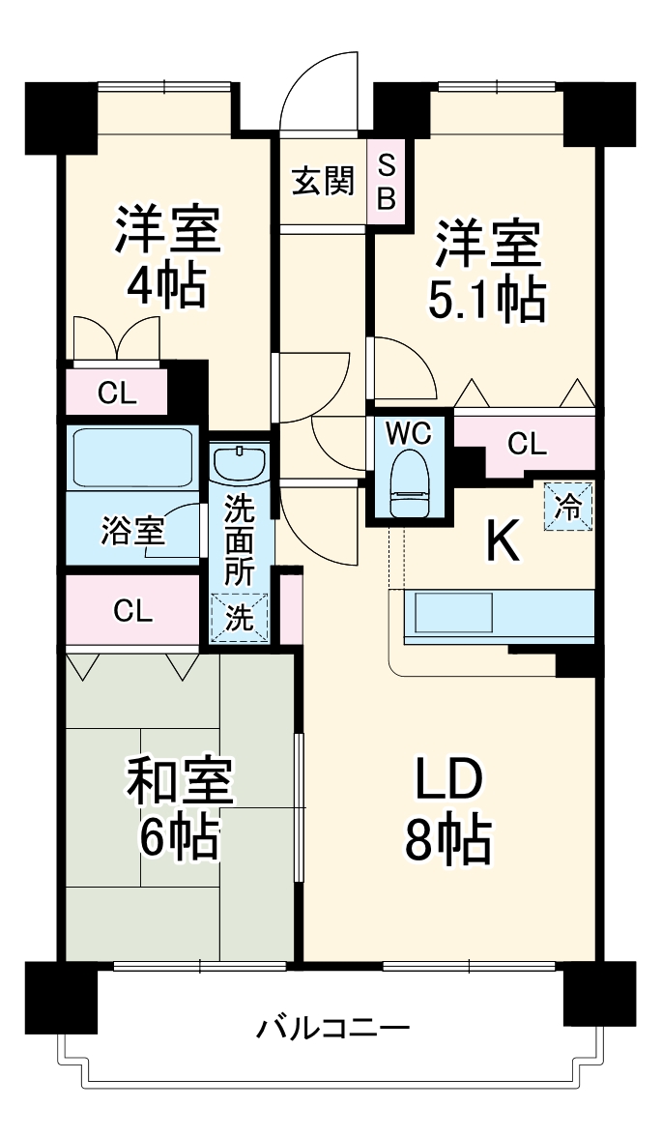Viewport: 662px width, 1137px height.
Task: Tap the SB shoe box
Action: click(386, 181)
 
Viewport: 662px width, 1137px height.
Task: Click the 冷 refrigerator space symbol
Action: click(569, 506)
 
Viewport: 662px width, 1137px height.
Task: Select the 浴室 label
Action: click(132, 531)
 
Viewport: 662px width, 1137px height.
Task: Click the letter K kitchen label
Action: click(503, 542)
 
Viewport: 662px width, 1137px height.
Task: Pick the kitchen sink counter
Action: click(454, 612)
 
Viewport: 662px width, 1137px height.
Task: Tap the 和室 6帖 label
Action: click(180, 810)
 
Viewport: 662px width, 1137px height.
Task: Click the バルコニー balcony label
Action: click(332, 1027)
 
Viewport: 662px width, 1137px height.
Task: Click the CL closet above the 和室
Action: click(132, 610)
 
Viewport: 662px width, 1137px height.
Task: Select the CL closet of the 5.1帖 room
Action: click(527, 445)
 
